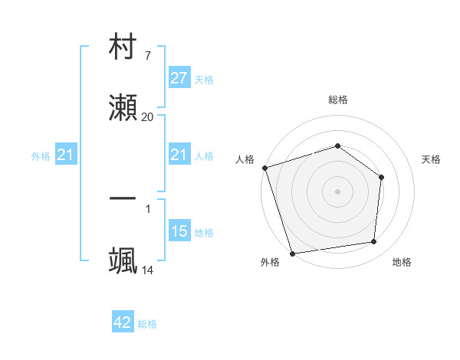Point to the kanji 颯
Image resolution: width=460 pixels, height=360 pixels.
(x=123, y=260)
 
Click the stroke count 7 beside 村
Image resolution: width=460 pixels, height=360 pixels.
(x=147, y=56)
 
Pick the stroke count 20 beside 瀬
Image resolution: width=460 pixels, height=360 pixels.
(x=147, y=116)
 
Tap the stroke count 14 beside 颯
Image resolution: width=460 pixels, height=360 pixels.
(x=147, y=270)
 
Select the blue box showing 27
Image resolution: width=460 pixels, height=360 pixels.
(x=179, y=78)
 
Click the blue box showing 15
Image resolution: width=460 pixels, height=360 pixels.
(x=179, y=231)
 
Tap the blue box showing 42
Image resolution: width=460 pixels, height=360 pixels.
(x=123, y=323)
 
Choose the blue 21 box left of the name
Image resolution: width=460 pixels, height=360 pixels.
(x=65, y=155)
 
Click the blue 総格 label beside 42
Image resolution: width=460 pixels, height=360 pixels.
(x=147, y=324)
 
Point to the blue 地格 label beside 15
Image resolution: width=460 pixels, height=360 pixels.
(x=204, y=232)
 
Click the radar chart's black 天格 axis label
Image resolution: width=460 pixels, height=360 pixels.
(x=432, y=159)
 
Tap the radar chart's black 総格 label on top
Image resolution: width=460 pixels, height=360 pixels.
(x=338, y=100)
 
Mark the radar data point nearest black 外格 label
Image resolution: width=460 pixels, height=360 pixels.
(x=292, y=253)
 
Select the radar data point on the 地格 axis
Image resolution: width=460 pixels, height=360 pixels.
(x=374, y=242)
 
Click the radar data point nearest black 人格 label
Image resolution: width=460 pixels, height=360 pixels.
(x=264, y=168)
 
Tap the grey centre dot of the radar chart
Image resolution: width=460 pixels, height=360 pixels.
(x=337, y=191)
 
